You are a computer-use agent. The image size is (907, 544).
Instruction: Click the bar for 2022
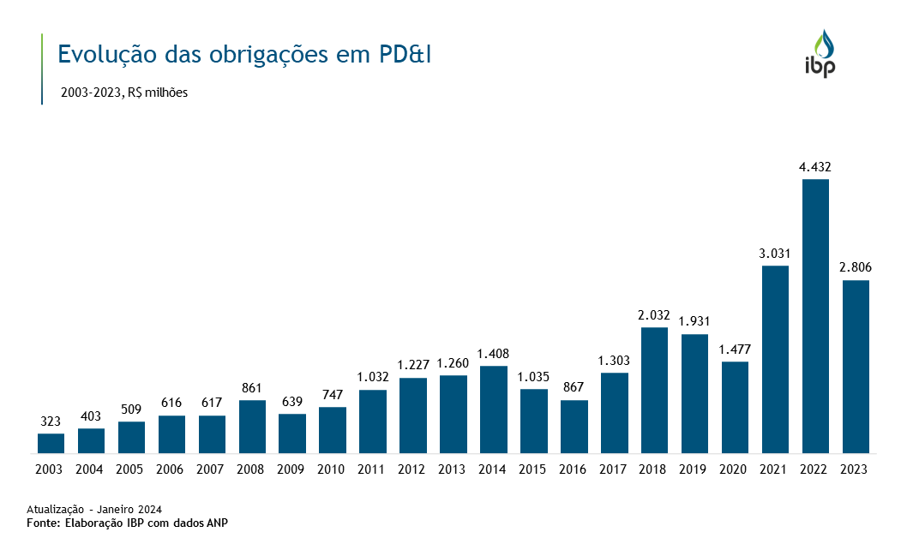pos(815,316)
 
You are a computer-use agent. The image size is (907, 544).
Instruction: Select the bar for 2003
pos(51,443)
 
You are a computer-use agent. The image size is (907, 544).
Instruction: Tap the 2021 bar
pos(775,359)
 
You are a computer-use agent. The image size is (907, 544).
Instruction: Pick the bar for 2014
pos(493,409)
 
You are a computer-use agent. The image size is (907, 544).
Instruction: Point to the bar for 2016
pos(574,427)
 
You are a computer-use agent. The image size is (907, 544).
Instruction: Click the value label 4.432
pos(815,167)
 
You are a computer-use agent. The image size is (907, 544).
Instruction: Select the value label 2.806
pos(856,268)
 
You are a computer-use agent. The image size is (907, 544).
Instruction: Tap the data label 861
pos(252,388)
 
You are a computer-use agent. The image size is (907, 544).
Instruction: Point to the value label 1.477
pos(735,350)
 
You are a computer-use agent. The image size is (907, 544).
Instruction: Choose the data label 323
pos(51,421)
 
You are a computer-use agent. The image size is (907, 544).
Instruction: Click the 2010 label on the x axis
pos(332,469)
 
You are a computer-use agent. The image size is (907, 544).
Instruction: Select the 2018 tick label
pos(654,469)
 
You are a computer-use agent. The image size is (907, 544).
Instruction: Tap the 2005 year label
pos(131,469)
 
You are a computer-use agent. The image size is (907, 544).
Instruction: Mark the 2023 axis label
pos(856,469)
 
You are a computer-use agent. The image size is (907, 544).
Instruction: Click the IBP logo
pos(820,54)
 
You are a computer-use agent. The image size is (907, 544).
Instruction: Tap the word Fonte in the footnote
pos(44,522)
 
